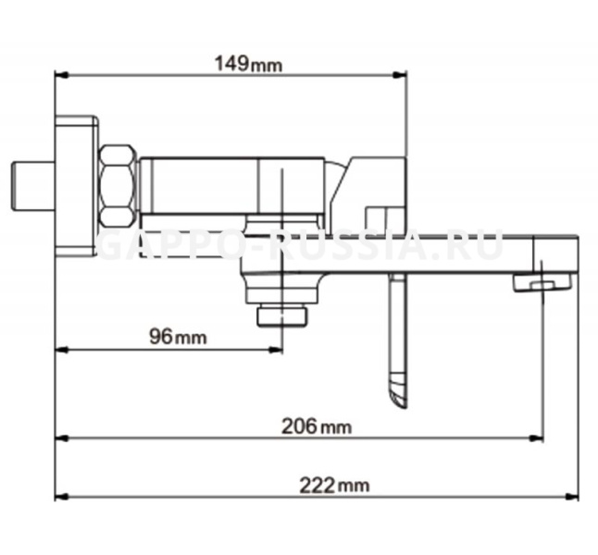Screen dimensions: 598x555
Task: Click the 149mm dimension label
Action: [x=249, y=64]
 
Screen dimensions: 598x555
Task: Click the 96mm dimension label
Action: [x=178, y=337]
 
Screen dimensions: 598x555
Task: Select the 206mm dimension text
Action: [x=317, y=426]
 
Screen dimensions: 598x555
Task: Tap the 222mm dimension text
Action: [x=334, y=486]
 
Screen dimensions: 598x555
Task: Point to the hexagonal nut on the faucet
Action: [x=118, y=186]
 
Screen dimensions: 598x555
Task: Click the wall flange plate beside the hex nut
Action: [x=76, y=186]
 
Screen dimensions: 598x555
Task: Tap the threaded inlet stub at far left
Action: [x=32, y=186]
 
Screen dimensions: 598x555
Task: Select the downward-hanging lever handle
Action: [x=398, y=341]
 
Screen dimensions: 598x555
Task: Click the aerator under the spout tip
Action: [x=542, y=283]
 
